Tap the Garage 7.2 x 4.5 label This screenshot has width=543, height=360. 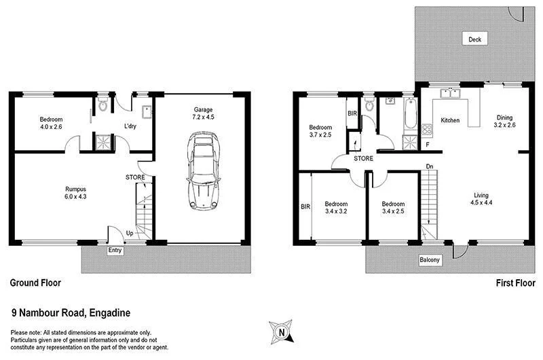pyautogui.click(x=204, y=113)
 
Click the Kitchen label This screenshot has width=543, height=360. pyautogui.click(x=450, y=120)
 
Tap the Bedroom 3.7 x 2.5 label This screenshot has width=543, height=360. pyautogui.click(x=321, y=131)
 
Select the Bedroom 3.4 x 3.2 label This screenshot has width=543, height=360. pyautogui.click(x=336, y=207)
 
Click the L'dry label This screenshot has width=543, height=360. pyautogui.click(x=132, y=126)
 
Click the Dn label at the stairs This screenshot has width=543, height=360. pyautogui.click(x=429, y=166)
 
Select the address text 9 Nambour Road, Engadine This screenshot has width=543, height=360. pyautogui.click(x=71, y=312)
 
